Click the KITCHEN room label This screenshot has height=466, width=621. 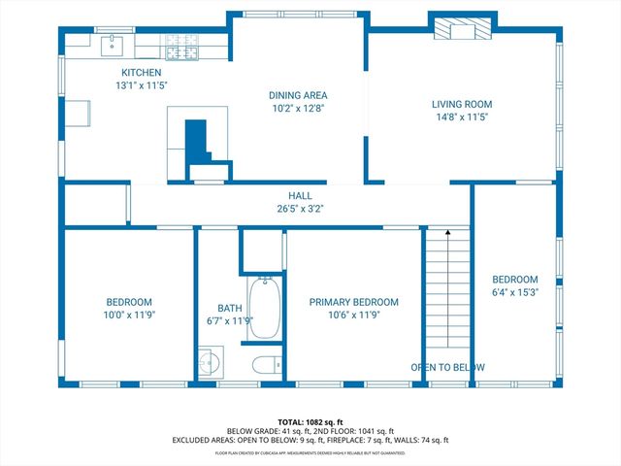point(141,73)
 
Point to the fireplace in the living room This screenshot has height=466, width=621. point(456,31)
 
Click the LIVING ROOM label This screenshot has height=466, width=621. point(462,104)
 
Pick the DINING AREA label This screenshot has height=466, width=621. point(298,95)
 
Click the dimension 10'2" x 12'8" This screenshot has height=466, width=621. point(298,109)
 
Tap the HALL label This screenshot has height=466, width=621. point(299,195)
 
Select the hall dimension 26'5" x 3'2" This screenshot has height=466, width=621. point(299,208)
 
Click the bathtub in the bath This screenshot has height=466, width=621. point(264,309)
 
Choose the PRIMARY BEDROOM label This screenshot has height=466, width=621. point(353,302)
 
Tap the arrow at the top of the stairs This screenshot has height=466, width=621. point(447,233)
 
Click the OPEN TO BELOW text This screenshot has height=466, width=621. point(447,368)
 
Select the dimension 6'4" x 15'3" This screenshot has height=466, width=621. point(514,290)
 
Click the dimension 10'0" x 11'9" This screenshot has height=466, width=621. point(128,315)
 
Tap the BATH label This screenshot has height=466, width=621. point(229,308)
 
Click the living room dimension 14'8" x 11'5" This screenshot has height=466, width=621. point(462,116)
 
